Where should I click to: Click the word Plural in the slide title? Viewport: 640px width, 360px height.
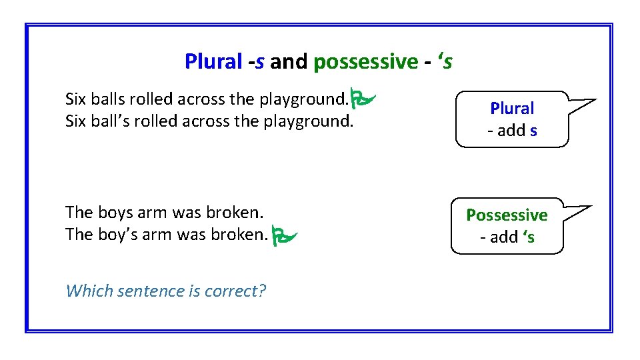(x=213, y=62)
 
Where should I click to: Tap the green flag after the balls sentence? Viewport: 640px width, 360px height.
(x=364, y=99)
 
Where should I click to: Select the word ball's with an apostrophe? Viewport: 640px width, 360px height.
(x=110, y=122)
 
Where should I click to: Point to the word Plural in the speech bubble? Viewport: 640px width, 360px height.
(x=512, y=108)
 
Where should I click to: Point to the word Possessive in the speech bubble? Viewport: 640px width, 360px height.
(x=507, y=215)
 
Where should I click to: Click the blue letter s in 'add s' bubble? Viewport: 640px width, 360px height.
(x=533, y=131)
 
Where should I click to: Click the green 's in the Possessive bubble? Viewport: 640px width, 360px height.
(x=529, y=237)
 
